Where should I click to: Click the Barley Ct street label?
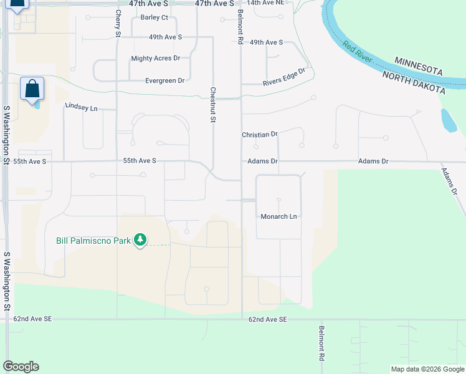[155, 17]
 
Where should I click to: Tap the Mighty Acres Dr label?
[155, 59]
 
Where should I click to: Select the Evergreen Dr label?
[164, 80]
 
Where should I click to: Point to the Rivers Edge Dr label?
[283, 77]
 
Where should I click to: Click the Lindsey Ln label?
[82, 107]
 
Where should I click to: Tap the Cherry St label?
[118, 22]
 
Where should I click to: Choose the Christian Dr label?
[260, 135]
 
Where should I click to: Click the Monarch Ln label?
[278, 216]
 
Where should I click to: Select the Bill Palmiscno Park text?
[93, 240]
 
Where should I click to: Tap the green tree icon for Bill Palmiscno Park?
[141, 239]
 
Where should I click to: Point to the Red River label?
[358, 53]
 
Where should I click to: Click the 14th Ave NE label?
[265, 3]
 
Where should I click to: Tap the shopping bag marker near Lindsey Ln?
[32, 89]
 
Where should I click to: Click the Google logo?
[21, 367]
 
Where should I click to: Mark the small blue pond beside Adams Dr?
[447, 121]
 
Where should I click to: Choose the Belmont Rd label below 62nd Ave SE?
[321, 344]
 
